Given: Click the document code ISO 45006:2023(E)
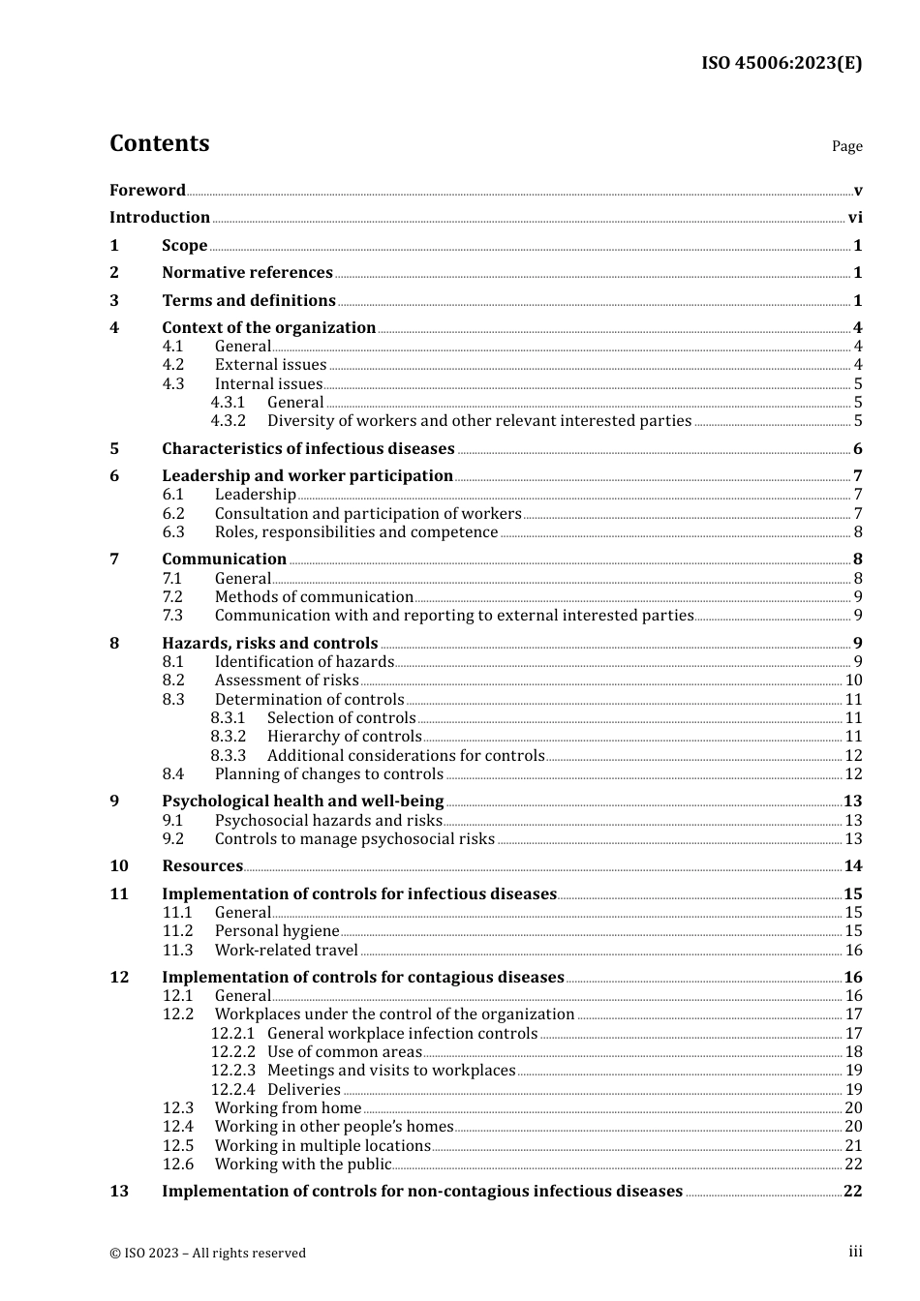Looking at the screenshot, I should click(x=781, y=63).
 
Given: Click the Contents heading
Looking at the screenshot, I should click(x=159, y=143).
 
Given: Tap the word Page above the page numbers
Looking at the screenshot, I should click(x=846, y=146).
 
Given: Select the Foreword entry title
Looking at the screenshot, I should click(x=147, y=190).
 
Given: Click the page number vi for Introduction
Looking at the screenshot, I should click(x=855, y=218).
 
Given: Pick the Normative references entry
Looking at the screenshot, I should click(x=247, y=273).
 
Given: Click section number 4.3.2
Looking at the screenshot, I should click(x=229, y=421).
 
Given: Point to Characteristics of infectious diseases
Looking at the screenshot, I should click(x=308, y=449).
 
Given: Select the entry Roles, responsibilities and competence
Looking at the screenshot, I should click(x=356, y=532).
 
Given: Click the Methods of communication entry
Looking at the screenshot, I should click(x=314, y=597).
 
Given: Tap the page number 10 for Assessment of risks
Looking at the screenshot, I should click(x=853, y=681).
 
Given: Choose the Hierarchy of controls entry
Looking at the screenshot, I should click(x=344, y=737).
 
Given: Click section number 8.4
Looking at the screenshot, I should click(x=173, y=774).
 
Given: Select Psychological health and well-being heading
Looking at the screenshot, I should click(x=302, y=802).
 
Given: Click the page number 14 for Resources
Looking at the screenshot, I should click(x=853, y=866).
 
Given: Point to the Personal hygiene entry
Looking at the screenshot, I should click(x=277, y=931).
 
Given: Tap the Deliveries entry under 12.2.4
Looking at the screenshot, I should click(x=304, y=1090).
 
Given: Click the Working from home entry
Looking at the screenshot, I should click(x=288, y=1108).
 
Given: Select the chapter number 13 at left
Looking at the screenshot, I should click(x=119, y=1192).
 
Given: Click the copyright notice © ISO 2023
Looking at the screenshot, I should click(x=207, y=1253).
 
